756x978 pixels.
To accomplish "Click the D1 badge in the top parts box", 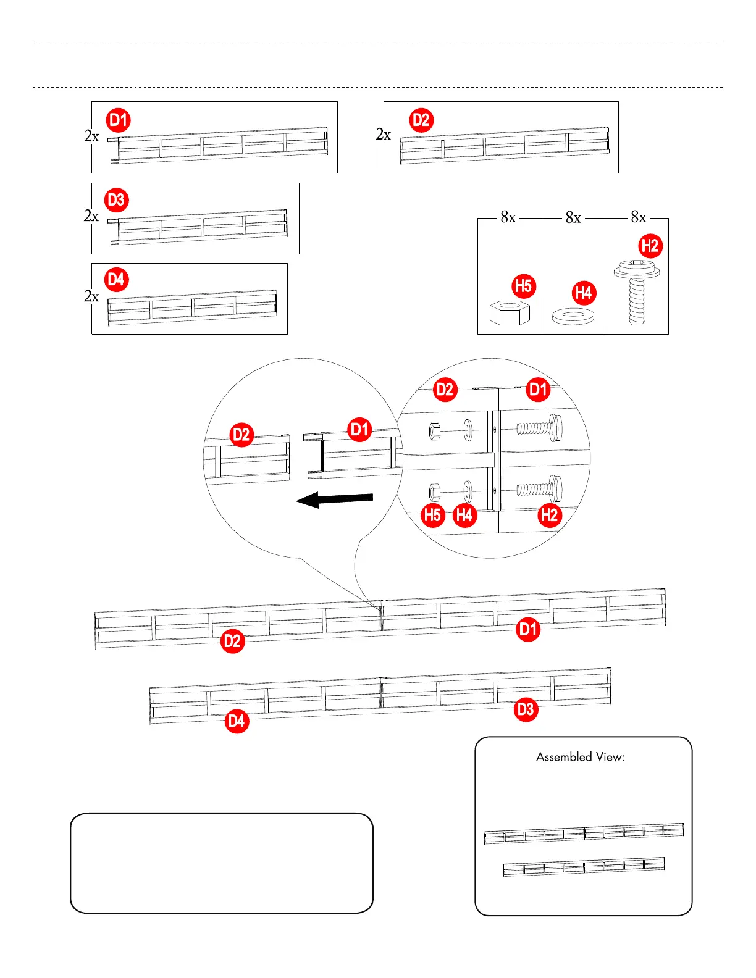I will pyautogui.click(x=119, y=120).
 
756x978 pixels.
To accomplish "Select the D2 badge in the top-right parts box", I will pyautogui.click(x=421, y=120).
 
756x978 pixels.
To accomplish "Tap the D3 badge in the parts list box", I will pyautogui.click(x=116, y=200).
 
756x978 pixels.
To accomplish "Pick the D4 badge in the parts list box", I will pyautogui.click(x=116, y=280).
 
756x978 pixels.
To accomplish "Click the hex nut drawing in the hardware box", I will pyautogui.click(x=510, y=313).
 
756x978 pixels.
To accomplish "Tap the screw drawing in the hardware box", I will pyautogui.click(x=637, y=293).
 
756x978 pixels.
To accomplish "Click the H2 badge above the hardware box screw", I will pyautogui.click(x=650, y=246).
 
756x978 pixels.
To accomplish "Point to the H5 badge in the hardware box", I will pyautogui.click(x=524, y=286).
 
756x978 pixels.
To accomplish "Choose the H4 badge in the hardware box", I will pyautogui.click(x=584, y=292).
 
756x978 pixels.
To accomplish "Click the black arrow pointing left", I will pyautogui.click(x=335, y=499).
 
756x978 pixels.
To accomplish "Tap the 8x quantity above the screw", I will pyautogui.click(x=638, y=217).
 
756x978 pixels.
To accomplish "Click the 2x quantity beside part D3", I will pyautogui.click(x=91, y=216).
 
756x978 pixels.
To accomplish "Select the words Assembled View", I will pyautogui.click(x=580, y=757).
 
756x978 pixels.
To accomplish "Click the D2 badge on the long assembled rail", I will pyautogui.click(x=232, y=641).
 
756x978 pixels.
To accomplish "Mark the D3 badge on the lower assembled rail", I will pyautogui.click(x=526, y=709).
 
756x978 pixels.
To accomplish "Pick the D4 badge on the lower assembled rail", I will pyautogui.click(x=237, y=721).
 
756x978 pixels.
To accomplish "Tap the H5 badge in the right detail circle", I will pyautogui.click(x=433, y=515).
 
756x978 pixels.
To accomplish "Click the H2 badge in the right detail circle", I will pyautogui.click(x=549, y=515).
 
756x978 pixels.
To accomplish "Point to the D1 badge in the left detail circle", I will pyautogui.click(x=359, y=429).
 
